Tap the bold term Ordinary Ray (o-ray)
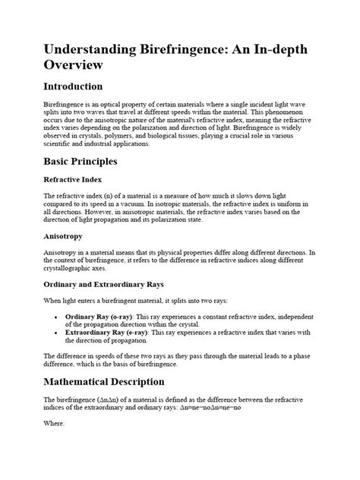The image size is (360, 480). pyautogui.click(x=103, y=316)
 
